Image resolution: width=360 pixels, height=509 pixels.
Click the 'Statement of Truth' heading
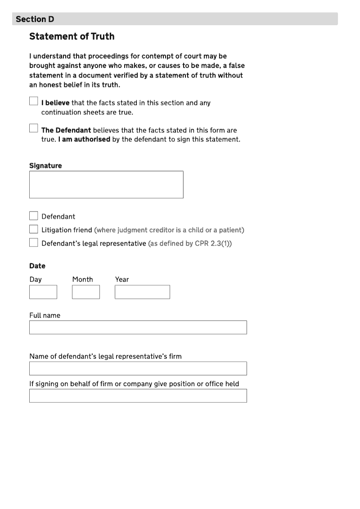click(72, 36)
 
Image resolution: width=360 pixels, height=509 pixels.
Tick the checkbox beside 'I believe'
click(34, 101)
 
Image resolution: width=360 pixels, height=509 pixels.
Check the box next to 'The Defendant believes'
click(34, 128)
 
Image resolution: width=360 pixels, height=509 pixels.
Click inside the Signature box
click(106, 185)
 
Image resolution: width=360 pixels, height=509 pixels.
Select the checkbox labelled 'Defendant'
click(34, 216)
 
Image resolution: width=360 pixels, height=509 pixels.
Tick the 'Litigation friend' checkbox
click(34, 230)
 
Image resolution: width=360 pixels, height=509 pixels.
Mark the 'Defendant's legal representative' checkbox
click(34, 243)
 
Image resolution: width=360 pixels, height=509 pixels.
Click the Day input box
click(43, 292)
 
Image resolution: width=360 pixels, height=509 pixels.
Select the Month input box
click(85, 292)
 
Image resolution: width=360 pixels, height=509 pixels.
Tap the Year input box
click(142, 292)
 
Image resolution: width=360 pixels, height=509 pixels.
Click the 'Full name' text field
click(138, 327)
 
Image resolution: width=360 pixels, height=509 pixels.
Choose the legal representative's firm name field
click(138, 368)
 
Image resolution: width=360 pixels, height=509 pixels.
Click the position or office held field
click(138, 396)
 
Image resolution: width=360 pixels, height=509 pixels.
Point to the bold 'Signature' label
click(45, 166)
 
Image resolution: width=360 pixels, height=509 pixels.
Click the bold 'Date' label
click(37, 266)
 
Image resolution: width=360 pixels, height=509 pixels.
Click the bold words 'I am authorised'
click(84, 140)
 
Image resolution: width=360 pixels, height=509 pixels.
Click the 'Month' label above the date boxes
click(83, 279)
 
